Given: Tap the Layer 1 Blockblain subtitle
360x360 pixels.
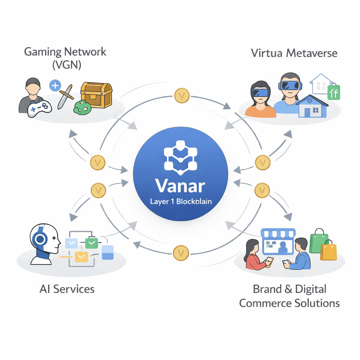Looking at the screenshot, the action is (180, 202).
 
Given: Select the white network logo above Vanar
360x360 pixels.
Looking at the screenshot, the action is (180, 157).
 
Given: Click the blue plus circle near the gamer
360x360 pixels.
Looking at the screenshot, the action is (55, 85).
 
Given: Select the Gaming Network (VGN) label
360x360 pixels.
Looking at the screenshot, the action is (65, 58).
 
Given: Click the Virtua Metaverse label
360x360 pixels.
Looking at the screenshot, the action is (294, 53).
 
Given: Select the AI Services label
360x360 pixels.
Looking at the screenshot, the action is (67, 289).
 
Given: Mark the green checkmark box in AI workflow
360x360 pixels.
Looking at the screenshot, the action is (92, 243).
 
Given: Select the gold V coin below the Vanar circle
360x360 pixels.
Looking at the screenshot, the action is (182, 252).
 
